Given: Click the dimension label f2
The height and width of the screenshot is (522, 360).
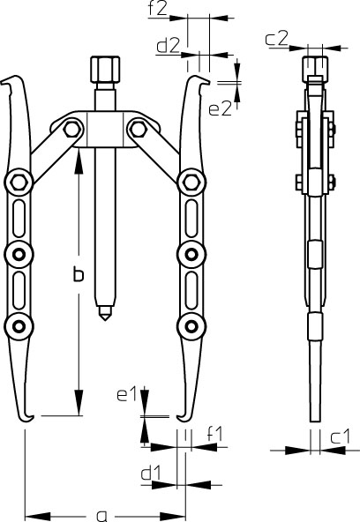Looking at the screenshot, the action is coord(158,10).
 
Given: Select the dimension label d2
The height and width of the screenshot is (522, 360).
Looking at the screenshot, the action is coord(169,46).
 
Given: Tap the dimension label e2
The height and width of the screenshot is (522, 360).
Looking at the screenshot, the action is coord(220,108).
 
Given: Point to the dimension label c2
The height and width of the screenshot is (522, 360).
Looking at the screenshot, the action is coord(276,39).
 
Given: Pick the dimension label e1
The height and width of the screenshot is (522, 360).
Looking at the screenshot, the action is coord(127,394).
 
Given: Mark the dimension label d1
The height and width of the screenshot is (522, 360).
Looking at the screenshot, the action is coord(151,473).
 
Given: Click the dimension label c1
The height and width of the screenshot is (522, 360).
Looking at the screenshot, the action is coord(340,436).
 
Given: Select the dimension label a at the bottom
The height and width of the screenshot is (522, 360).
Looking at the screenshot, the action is coord(101,516).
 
